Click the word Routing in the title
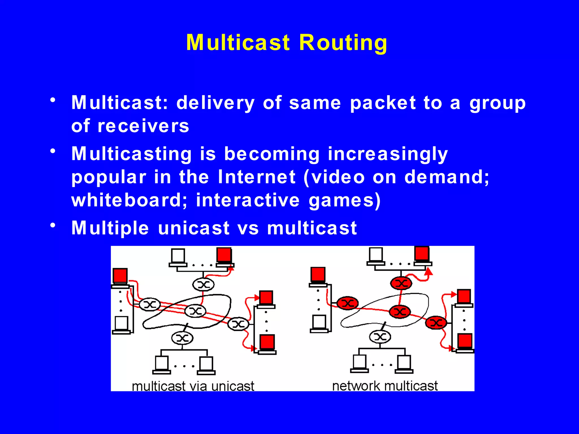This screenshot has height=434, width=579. [x=343, y=42]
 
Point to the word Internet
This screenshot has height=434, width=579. [x=257, y=177]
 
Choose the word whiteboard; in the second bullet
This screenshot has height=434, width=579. [x=129, y=200]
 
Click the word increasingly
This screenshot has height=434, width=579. [x=388, y=154]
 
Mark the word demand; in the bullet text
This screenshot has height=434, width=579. [x=447, y=177]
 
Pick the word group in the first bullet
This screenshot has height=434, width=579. [x=498, y=103]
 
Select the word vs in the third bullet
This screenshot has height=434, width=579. [x=248, y=228]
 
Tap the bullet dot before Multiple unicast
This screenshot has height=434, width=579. [x=53, y=225]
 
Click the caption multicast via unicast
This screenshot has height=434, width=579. [x=193, y=386]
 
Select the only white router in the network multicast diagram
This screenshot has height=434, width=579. [x=380, y=337]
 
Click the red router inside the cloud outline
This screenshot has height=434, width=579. [x=400, y=312]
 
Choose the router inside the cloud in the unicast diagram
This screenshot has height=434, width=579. [x=195, y=311]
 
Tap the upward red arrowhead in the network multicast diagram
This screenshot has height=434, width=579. [x=429, y=272]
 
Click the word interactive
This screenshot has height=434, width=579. [x=248, y=200]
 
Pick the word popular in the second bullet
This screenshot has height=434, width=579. [x=109, y=177]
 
